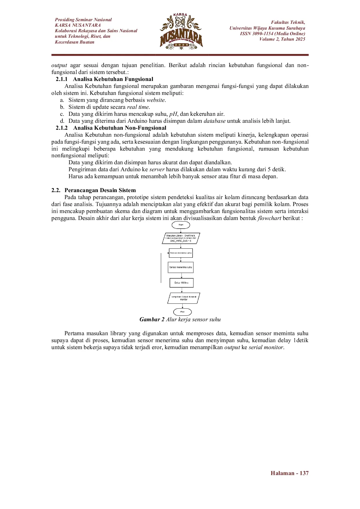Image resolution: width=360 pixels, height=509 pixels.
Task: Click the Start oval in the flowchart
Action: (181, 225)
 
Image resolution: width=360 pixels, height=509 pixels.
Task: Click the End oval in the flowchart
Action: (182, 312)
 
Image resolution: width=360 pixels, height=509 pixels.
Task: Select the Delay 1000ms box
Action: (181, 283)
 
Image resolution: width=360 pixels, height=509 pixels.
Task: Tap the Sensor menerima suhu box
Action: (181, 267)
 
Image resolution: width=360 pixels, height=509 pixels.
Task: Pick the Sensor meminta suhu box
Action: (181, 253)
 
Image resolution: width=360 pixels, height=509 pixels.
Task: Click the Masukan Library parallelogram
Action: (181, 238)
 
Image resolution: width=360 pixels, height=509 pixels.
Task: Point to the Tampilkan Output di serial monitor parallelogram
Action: (183, 298)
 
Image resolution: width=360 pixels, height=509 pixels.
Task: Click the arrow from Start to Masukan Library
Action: (181, 231)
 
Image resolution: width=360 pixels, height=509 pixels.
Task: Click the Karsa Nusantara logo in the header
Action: (181, 31)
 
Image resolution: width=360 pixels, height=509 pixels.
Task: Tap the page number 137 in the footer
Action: (304, 473)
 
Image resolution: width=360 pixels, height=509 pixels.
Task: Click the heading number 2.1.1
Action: (62, 79)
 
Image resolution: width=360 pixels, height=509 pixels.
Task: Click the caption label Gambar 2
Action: (152, 320)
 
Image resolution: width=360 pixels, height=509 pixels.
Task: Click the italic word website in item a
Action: (156, 100)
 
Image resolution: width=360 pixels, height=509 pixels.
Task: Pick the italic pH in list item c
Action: (173, 114)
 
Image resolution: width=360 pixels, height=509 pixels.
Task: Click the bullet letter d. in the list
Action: (62, 121)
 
